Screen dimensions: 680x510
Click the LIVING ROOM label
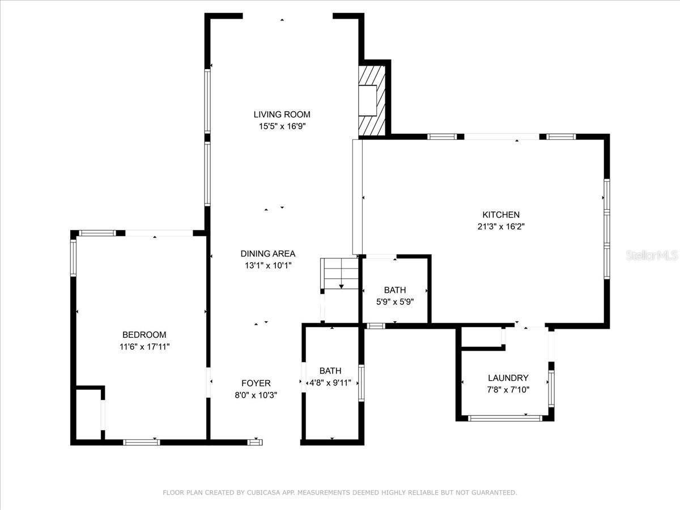[282, 114]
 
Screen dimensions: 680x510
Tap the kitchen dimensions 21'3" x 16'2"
[501, 227]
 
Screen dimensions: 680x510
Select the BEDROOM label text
[144, 335]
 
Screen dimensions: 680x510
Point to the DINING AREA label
[268, 254]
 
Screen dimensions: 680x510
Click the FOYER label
[256, 384]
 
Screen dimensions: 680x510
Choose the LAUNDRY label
[508, 378]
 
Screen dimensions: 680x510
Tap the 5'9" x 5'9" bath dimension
[395, 302]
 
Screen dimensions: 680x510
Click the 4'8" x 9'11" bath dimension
[330, 383]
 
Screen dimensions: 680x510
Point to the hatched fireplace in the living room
[372, 101]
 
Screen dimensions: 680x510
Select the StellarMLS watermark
[652, 255]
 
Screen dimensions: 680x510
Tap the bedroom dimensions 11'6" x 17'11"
[144, 347]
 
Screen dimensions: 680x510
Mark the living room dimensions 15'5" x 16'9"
[282, 126]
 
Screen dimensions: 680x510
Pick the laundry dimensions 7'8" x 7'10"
[508, 389]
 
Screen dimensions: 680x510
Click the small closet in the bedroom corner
[89, 414]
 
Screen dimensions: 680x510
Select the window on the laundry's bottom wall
[505, 419]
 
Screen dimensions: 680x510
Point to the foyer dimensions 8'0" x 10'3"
[256, 396]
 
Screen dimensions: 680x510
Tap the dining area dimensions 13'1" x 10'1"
[268, 266]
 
